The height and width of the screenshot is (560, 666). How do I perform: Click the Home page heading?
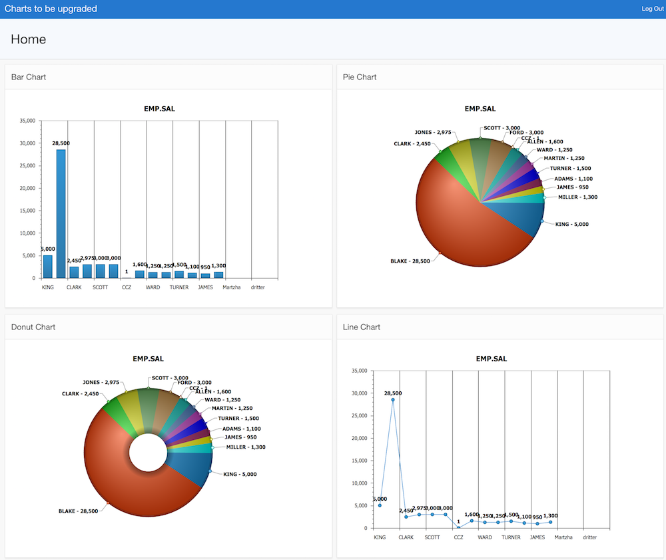[29, 39]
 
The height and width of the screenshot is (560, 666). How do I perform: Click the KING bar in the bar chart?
[47, 266]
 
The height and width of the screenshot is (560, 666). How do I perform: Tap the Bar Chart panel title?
[29, 77]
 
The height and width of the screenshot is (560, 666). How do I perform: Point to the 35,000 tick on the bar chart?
[28, 121]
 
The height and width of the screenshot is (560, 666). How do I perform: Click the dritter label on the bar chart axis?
[257, 287]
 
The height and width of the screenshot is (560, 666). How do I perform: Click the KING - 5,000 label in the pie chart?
[571, 224]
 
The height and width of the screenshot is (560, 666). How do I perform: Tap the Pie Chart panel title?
[360, 77]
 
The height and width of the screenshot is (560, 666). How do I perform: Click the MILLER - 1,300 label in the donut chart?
[246, 447]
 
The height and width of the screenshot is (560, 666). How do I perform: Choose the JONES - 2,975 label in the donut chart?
[101, 383]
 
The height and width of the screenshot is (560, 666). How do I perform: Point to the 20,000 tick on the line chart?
[360, 438]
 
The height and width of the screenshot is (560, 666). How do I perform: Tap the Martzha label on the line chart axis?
[564, 537]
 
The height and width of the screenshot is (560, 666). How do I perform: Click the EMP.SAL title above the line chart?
[491, 359]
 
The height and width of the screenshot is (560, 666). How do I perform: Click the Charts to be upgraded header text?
[51, 9]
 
